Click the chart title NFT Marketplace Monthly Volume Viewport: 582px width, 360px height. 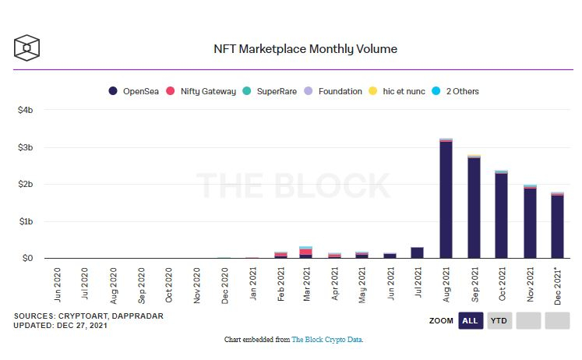coord(305,48)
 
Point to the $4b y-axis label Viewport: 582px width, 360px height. coord(26,110)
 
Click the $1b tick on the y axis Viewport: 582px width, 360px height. coord(26,221)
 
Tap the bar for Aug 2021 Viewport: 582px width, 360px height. coord(446,199)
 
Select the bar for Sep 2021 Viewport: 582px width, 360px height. coord(474,207)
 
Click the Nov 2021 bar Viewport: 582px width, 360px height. coord(530,222)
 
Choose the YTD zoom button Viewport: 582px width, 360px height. coord(499,320)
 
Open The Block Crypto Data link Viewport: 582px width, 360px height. coord(326,340)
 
